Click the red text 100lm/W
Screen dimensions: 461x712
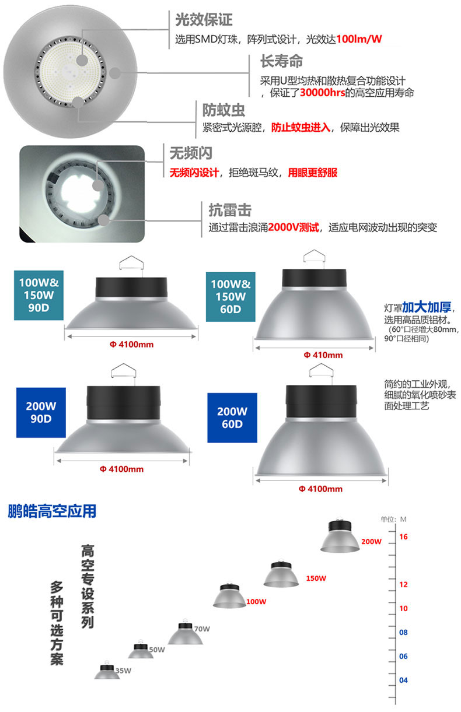click(358, 39)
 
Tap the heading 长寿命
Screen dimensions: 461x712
click(281, 61)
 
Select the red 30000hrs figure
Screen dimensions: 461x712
click(322, 93)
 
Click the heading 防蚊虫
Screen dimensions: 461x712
click(223, 110)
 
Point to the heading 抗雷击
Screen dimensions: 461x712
click(230, 210)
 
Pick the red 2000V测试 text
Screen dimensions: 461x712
click(294, 227)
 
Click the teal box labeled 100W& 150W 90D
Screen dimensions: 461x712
click(39, 295)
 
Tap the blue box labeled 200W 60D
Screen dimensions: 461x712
click(232, 418)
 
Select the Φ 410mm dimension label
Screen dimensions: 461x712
click(323, 355)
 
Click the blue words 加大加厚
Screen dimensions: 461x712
click(427, 307)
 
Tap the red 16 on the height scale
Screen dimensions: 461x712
click(403, 537)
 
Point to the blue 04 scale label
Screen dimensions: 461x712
click(403, 680)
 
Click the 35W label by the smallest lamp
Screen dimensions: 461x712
click(123, 671)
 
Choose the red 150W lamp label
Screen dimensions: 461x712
click(316, 578)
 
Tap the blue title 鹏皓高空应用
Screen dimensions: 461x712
click(52, 511)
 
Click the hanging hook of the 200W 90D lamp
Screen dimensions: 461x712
click(124, 371)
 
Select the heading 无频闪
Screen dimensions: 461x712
click(191, 153)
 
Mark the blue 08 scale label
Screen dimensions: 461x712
click(403, 632)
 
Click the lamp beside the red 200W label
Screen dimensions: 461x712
click(340, 536)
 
